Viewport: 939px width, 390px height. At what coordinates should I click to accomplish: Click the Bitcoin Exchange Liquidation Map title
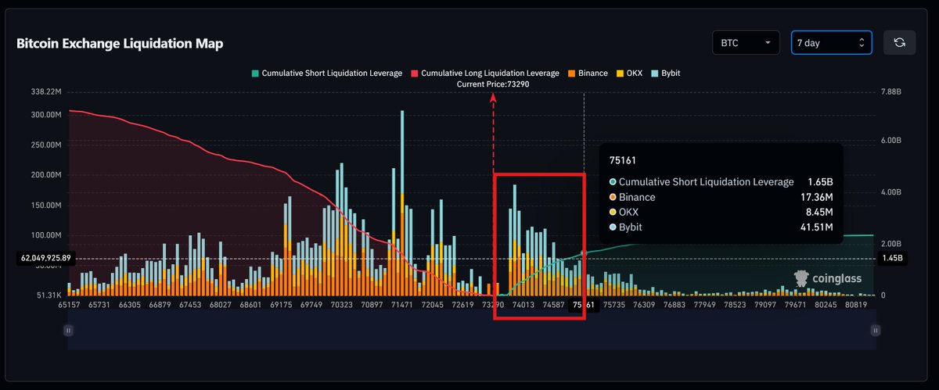point(120,44)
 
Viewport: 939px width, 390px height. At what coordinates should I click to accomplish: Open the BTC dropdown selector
point(746,43)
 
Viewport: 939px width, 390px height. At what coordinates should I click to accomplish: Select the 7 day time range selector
point(831,43)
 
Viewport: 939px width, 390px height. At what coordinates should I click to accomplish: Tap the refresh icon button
point(899,43)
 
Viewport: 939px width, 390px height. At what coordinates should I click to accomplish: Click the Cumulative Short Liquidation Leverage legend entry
point(326,73)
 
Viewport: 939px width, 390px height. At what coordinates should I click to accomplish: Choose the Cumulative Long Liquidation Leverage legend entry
point(484,73)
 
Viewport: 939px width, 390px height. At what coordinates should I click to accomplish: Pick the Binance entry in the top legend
point(587,73)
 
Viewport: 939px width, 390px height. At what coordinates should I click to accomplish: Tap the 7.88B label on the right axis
point(891,91)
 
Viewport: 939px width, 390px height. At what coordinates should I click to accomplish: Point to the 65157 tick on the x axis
point(69,306)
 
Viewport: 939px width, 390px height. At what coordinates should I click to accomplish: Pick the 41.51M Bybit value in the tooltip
point(816,227)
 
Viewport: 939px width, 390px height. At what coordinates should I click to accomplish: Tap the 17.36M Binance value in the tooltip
point(816,197)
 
